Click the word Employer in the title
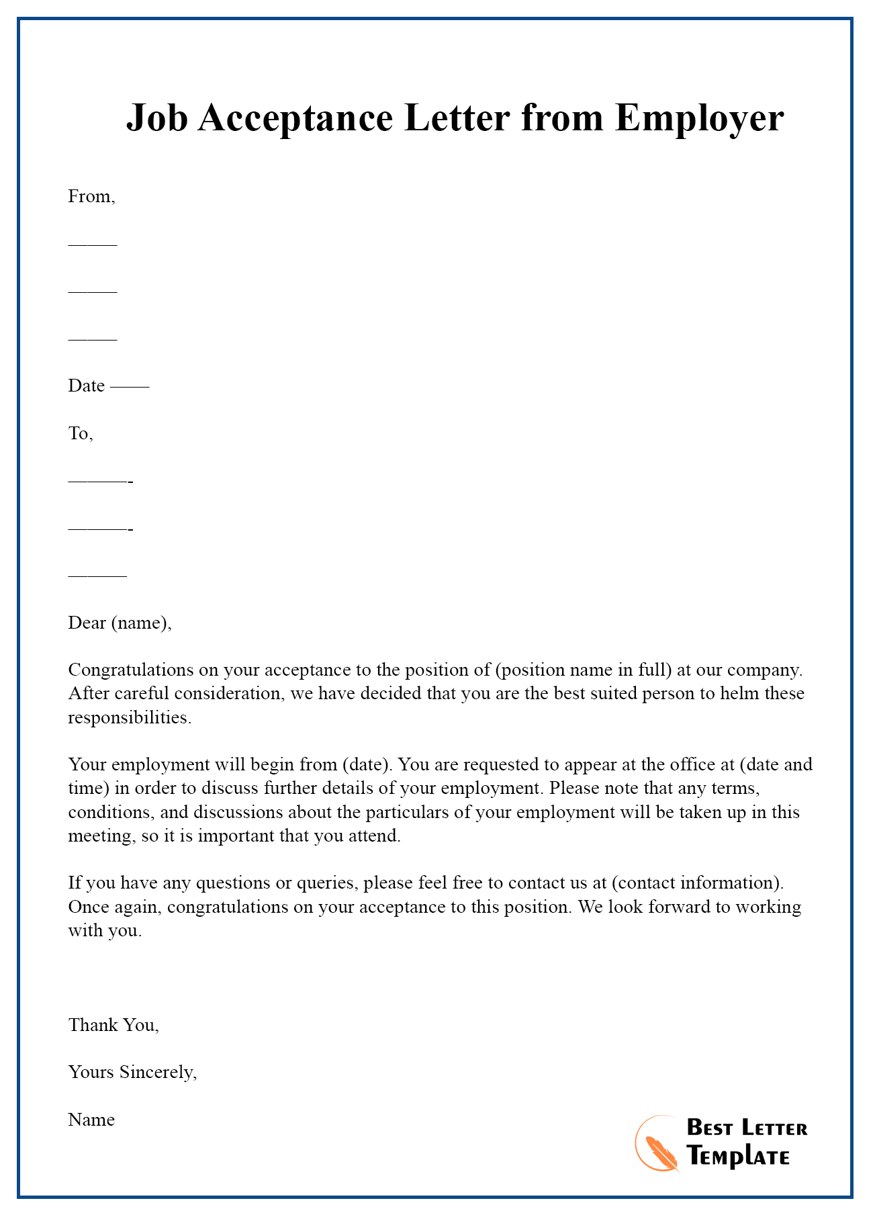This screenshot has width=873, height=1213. click(699, 118)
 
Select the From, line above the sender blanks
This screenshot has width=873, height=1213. click(92, 197)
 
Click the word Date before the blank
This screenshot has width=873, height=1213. click(87, 386)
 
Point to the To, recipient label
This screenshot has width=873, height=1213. click(81, 434)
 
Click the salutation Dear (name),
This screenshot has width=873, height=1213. click(120, 623)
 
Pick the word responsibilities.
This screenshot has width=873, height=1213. click(130, 717)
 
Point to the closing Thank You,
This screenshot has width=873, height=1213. click(113, 1025)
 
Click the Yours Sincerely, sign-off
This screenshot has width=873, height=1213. click(132, 1073)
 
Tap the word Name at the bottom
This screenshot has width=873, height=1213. click(91, 1120)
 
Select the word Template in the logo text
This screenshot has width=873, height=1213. click(738, 1157)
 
